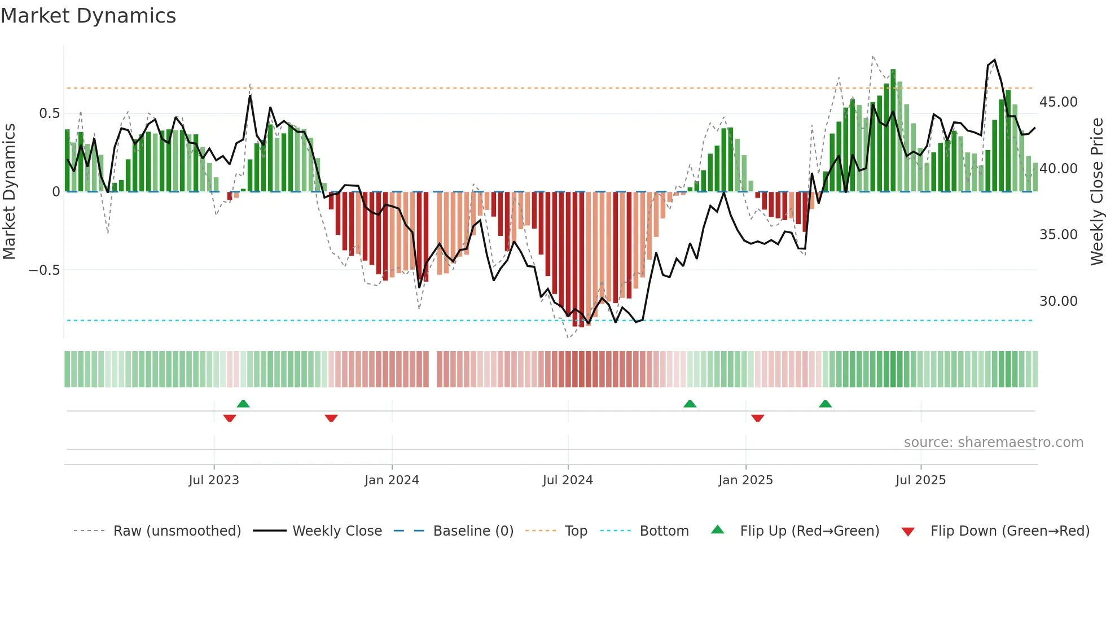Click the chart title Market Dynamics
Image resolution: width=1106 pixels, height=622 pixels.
(88, 16)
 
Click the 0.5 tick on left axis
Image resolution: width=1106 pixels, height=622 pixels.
(49, 113)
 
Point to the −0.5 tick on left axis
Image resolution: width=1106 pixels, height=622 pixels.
(44, 270)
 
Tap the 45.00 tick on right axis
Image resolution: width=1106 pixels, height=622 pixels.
(1058, 102)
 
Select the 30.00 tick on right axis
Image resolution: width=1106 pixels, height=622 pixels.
(1058, 301)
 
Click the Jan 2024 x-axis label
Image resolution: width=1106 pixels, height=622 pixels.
(392, 480)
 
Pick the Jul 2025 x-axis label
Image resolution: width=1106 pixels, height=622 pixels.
(920, 480)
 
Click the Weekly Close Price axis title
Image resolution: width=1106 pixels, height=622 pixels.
(1096, 192)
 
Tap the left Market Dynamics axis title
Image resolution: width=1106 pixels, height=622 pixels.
(9, 192)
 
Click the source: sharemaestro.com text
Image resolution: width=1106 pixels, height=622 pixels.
(993, 443)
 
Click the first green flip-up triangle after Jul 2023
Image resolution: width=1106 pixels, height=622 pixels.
(243, 404)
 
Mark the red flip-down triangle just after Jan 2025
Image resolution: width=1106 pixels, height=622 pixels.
(758, 418)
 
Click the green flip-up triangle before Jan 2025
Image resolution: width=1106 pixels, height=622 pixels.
(690, 404)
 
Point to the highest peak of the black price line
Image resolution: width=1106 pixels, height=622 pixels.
(994, 60)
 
